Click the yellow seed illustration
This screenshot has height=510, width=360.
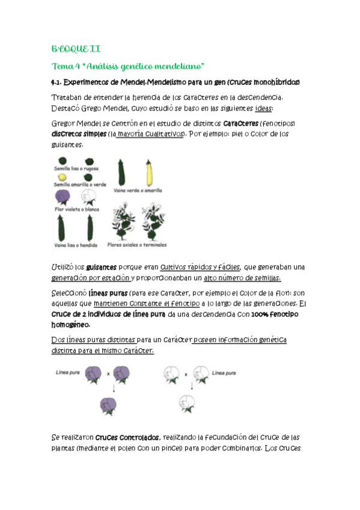63,177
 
